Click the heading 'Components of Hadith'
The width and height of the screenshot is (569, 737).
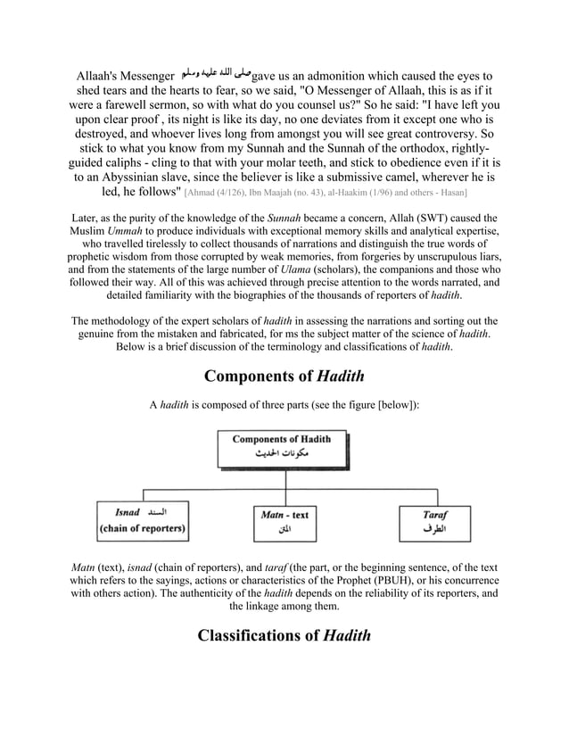click(x=284, y=375)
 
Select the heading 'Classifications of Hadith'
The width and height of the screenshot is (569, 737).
click(x=284, y=635)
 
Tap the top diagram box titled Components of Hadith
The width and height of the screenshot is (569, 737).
click(x=281, y=445)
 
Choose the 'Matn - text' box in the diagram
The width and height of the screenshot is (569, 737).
click(x=284, y=522)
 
